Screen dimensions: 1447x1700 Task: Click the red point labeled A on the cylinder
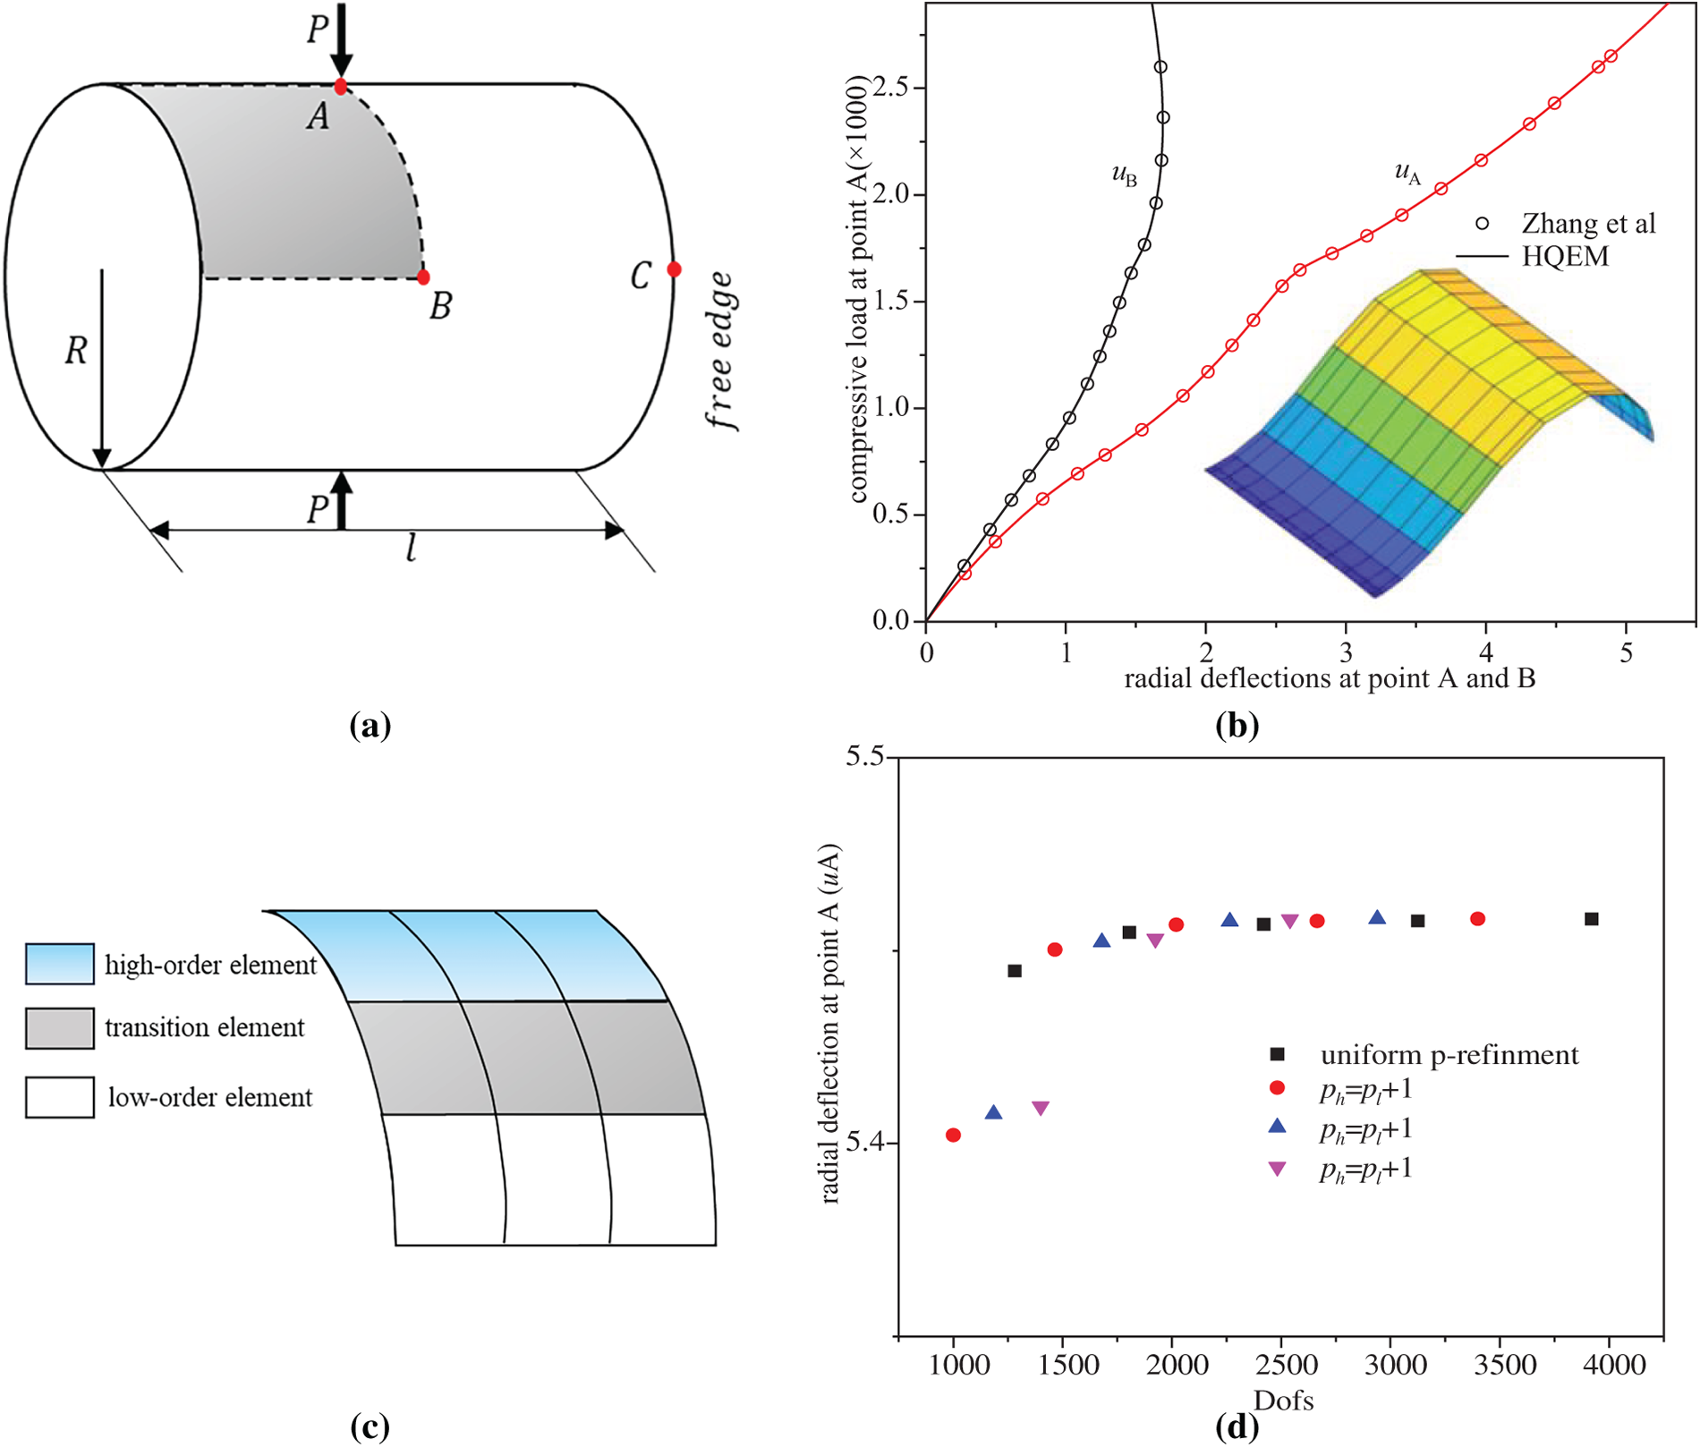click(x=341, y=87)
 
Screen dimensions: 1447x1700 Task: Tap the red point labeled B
click(x=423, y=277)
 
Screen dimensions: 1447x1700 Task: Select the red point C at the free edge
click(x=674, y=269)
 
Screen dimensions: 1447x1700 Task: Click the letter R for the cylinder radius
click(x=76, y=352)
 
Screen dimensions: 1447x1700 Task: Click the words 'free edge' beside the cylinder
click(x=721, y=351)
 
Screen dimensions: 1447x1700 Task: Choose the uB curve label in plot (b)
click(x=1124, y=174)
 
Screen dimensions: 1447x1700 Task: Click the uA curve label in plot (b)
click(x=1407, y=172)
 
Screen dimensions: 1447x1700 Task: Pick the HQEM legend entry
click(x=1565, y=257)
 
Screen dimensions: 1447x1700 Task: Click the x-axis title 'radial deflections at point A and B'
click(x=1329, y=678)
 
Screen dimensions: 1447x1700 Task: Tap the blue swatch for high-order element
click(x=60, y=964)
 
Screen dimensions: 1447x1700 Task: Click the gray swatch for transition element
click(x=60, y=1028)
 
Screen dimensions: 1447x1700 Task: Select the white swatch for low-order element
click(x=60, y=1097)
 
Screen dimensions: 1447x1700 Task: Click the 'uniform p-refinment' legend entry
click(x=1449, y=1055)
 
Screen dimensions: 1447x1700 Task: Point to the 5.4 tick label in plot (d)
click(x=865, y=1143)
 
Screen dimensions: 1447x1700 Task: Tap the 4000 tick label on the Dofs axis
click(x=1610, y=1366)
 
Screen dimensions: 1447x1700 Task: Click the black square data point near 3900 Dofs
click(x=1592, y=919)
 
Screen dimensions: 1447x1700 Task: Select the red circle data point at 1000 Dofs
click(x=953, y=1136)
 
